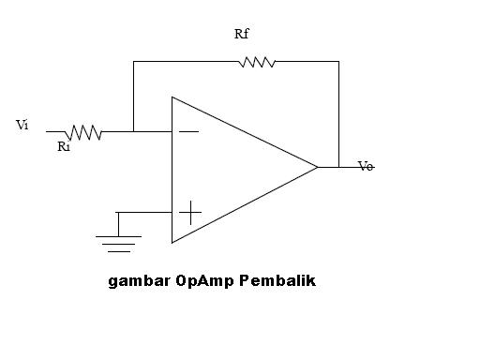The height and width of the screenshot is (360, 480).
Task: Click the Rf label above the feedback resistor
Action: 242,35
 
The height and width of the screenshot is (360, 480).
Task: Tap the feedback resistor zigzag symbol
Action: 257,62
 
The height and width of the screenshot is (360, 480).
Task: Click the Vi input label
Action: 22,124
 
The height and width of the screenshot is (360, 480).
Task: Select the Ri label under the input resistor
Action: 64,146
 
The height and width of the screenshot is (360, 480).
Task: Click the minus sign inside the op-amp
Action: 188,132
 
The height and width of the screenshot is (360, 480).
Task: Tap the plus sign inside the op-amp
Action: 189,212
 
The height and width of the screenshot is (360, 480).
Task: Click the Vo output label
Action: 366,167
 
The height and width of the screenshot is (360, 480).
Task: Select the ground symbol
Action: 117,243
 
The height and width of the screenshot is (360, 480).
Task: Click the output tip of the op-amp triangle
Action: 318,167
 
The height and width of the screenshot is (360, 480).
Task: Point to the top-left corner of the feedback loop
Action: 133,62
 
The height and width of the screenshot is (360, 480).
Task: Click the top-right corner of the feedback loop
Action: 338,62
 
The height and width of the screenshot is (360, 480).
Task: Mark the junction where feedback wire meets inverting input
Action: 133,132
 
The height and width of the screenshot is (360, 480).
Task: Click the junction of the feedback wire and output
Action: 338,167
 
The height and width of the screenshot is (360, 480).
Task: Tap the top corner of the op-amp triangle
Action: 172,96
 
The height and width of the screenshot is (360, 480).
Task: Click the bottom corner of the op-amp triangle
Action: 172,243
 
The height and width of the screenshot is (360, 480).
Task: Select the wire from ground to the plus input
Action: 145,212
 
